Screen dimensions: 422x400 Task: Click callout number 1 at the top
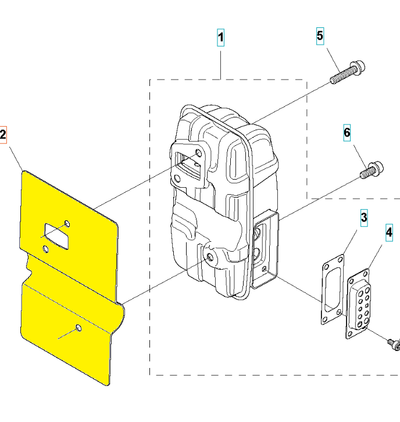[x=220, y=38]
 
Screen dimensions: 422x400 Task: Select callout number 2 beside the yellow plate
[x=3, y=135]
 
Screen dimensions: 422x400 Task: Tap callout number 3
[x=363, y=218]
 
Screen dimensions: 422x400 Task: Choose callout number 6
[x=347, y=133]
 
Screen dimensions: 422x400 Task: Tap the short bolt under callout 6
[x=372, y=170]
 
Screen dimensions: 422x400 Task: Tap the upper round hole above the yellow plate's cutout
[x=67, y=224]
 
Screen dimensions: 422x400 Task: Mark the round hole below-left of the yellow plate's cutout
[x=45, y=249]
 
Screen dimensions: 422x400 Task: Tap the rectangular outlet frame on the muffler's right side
[x=265, y=251]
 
